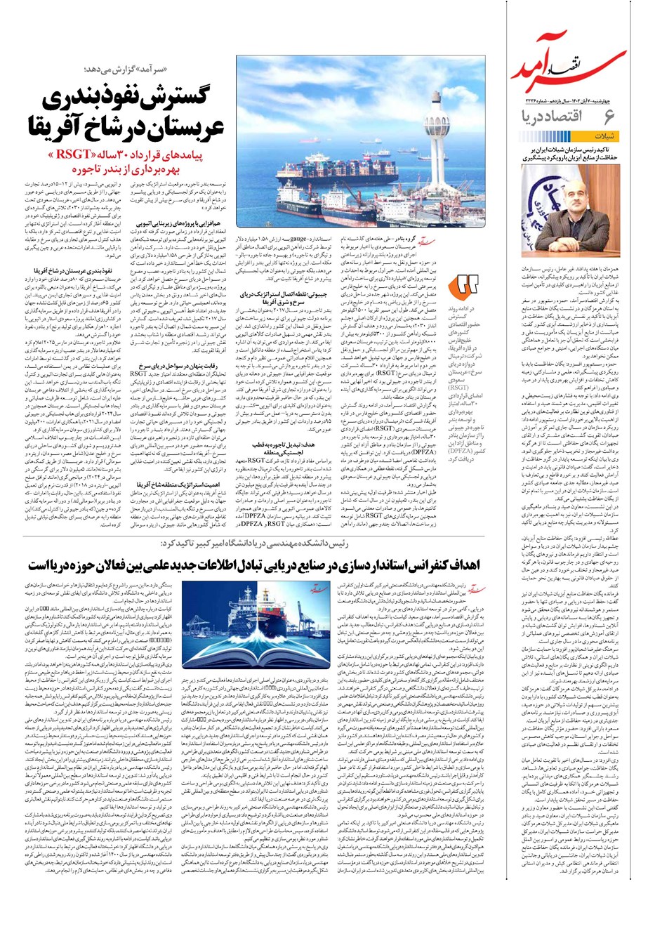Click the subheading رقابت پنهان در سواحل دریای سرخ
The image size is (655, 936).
click(174, 366)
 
